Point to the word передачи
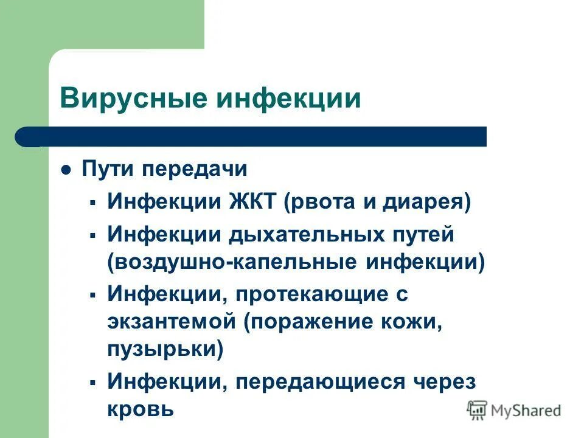click(x=196, y=169)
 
